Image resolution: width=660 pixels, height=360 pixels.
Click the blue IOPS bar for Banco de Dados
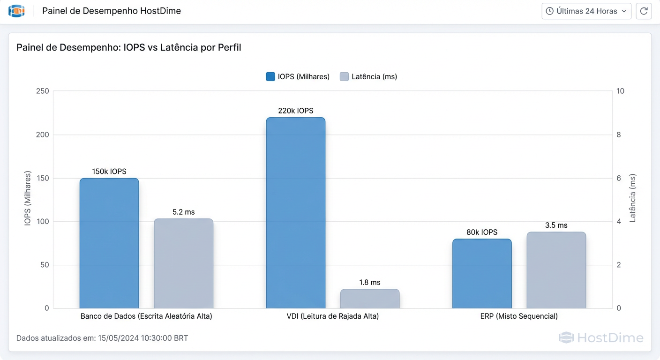[109, 243]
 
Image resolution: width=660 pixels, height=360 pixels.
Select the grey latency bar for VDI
[370, 299]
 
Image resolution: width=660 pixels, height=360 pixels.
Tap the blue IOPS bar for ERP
[482, 274]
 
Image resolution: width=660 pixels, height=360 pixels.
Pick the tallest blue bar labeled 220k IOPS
[295, 213]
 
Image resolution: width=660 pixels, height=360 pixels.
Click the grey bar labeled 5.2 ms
[184, 263]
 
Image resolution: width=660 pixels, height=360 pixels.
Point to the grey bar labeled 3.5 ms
[556, 270]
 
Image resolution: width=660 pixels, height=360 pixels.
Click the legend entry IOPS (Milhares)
[298, 76]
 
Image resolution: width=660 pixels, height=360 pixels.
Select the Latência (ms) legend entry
[368, 76]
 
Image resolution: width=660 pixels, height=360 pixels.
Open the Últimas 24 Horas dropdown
[586, 11]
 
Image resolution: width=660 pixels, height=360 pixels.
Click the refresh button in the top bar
[644, 11]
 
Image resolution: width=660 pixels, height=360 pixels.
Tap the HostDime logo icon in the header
[16, 11]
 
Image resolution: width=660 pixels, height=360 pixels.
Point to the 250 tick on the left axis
[42, 91]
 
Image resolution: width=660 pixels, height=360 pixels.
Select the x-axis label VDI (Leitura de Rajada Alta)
[333, 316]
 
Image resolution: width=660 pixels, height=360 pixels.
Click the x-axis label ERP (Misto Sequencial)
[519, 316]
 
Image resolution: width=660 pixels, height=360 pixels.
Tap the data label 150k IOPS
[109, 172]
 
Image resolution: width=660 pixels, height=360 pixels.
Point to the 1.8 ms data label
[370, 282]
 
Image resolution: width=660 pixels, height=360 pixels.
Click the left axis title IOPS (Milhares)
[28, 199]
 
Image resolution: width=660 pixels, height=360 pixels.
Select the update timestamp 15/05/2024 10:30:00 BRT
[143, 338]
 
